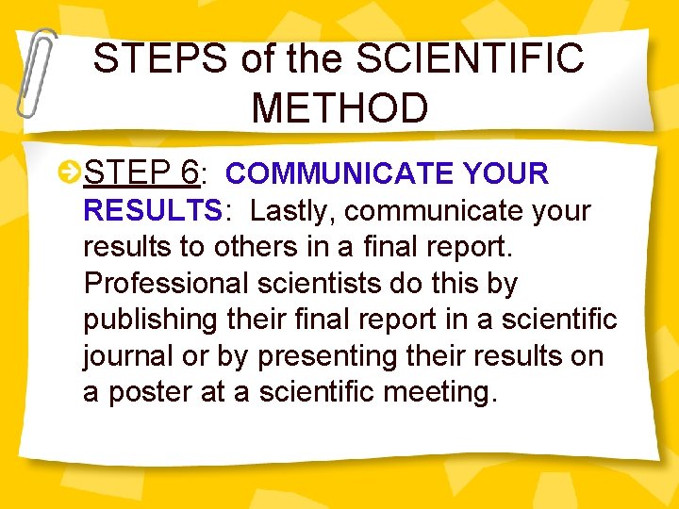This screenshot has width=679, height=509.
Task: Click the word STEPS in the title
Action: (x=161, y=60)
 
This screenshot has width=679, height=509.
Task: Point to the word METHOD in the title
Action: (x=339, y=108)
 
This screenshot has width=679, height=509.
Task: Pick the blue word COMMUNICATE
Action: (x=339, y=173)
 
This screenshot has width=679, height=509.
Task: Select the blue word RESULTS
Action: (x=152, y=210)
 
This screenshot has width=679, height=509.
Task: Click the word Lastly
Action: (x=293, y=210)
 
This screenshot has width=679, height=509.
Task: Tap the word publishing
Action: (x=150, y=320)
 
